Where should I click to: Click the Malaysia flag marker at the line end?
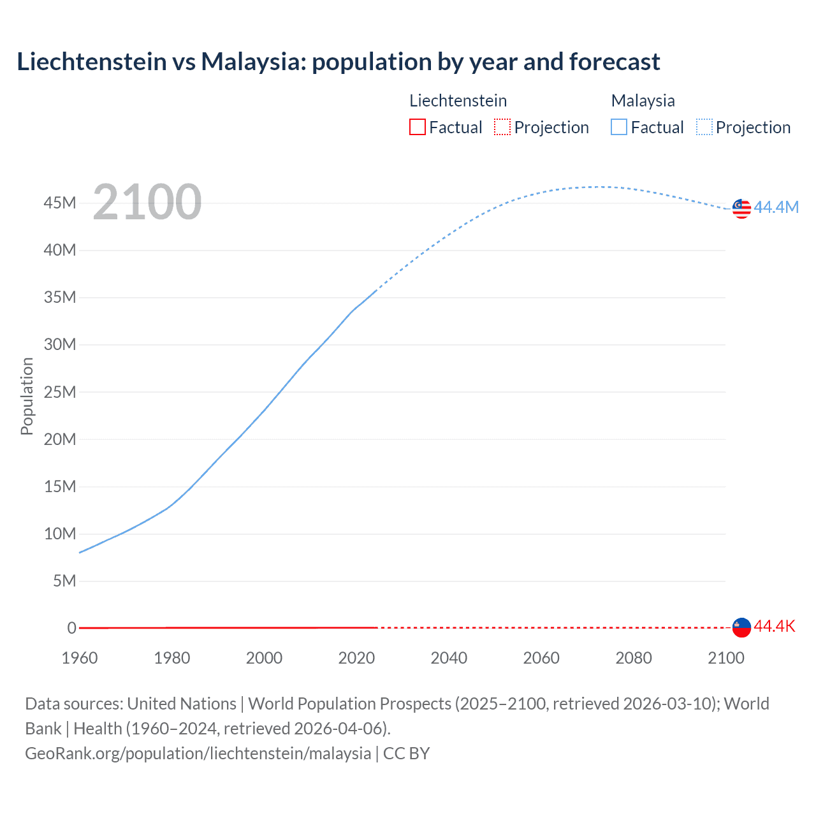point(741,208)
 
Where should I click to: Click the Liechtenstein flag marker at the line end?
point(741,627)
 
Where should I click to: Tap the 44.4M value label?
point(776,207)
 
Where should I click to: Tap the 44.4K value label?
point(775,626)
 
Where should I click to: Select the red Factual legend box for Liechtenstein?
point(417,127)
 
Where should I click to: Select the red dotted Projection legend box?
point(502,127)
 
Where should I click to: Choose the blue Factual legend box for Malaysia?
point(619,127)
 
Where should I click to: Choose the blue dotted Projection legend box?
point(704,127)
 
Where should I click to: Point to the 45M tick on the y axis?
point(60,203)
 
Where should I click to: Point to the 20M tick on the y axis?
point(60,439)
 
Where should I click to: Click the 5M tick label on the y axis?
point(64,581)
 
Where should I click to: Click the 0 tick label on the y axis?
point(71,628)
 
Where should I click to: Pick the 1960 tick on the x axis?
point(80,658)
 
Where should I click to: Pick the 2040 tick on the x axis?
point(449,658)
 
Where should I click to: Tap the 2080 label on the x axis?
point(634,658)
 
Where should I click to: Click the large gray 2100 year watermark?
point(147,202)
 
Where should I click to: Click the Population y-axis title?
point(27,396)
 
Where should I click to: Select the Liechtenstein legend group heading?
point(458,101)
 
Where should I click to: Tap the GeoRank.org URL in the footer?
point(198,753)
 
